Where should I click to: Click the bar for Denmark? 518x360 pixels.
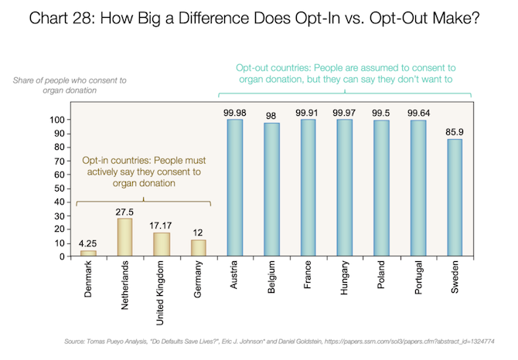pyautogui.click(x=89, y=253)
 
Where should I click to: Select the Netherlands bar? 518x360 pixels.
pyautogui.click(x=125, y=237)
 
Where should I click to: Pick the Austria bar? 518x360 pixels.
pyautogui.click(x=235, y=188)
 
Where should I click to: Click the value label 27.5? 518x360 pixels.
pyautogui.click(x=125, y=211)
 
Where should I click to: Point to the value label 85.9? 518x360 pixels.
pyautogui.click(x=455, y=131)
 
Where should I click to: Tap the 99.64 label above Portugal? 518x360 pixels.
pyautogui.click(x=418, y=113)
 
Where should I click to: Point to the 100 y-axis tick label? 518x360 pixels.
pyautogui.click(x=56, y=120)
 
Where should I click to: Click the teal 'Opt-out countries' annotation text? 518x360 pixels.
pyautogui.click(x=343, y=72)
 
